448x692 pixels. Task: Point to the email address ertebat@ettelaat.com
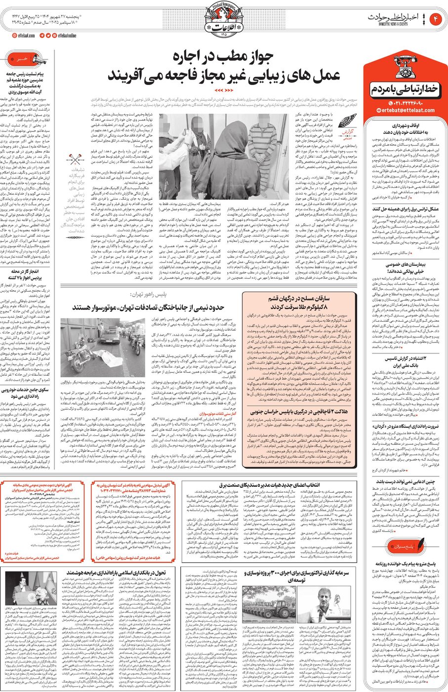coord(405,110)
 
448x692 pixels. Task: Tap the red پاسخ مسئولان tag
coord(404,547)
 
